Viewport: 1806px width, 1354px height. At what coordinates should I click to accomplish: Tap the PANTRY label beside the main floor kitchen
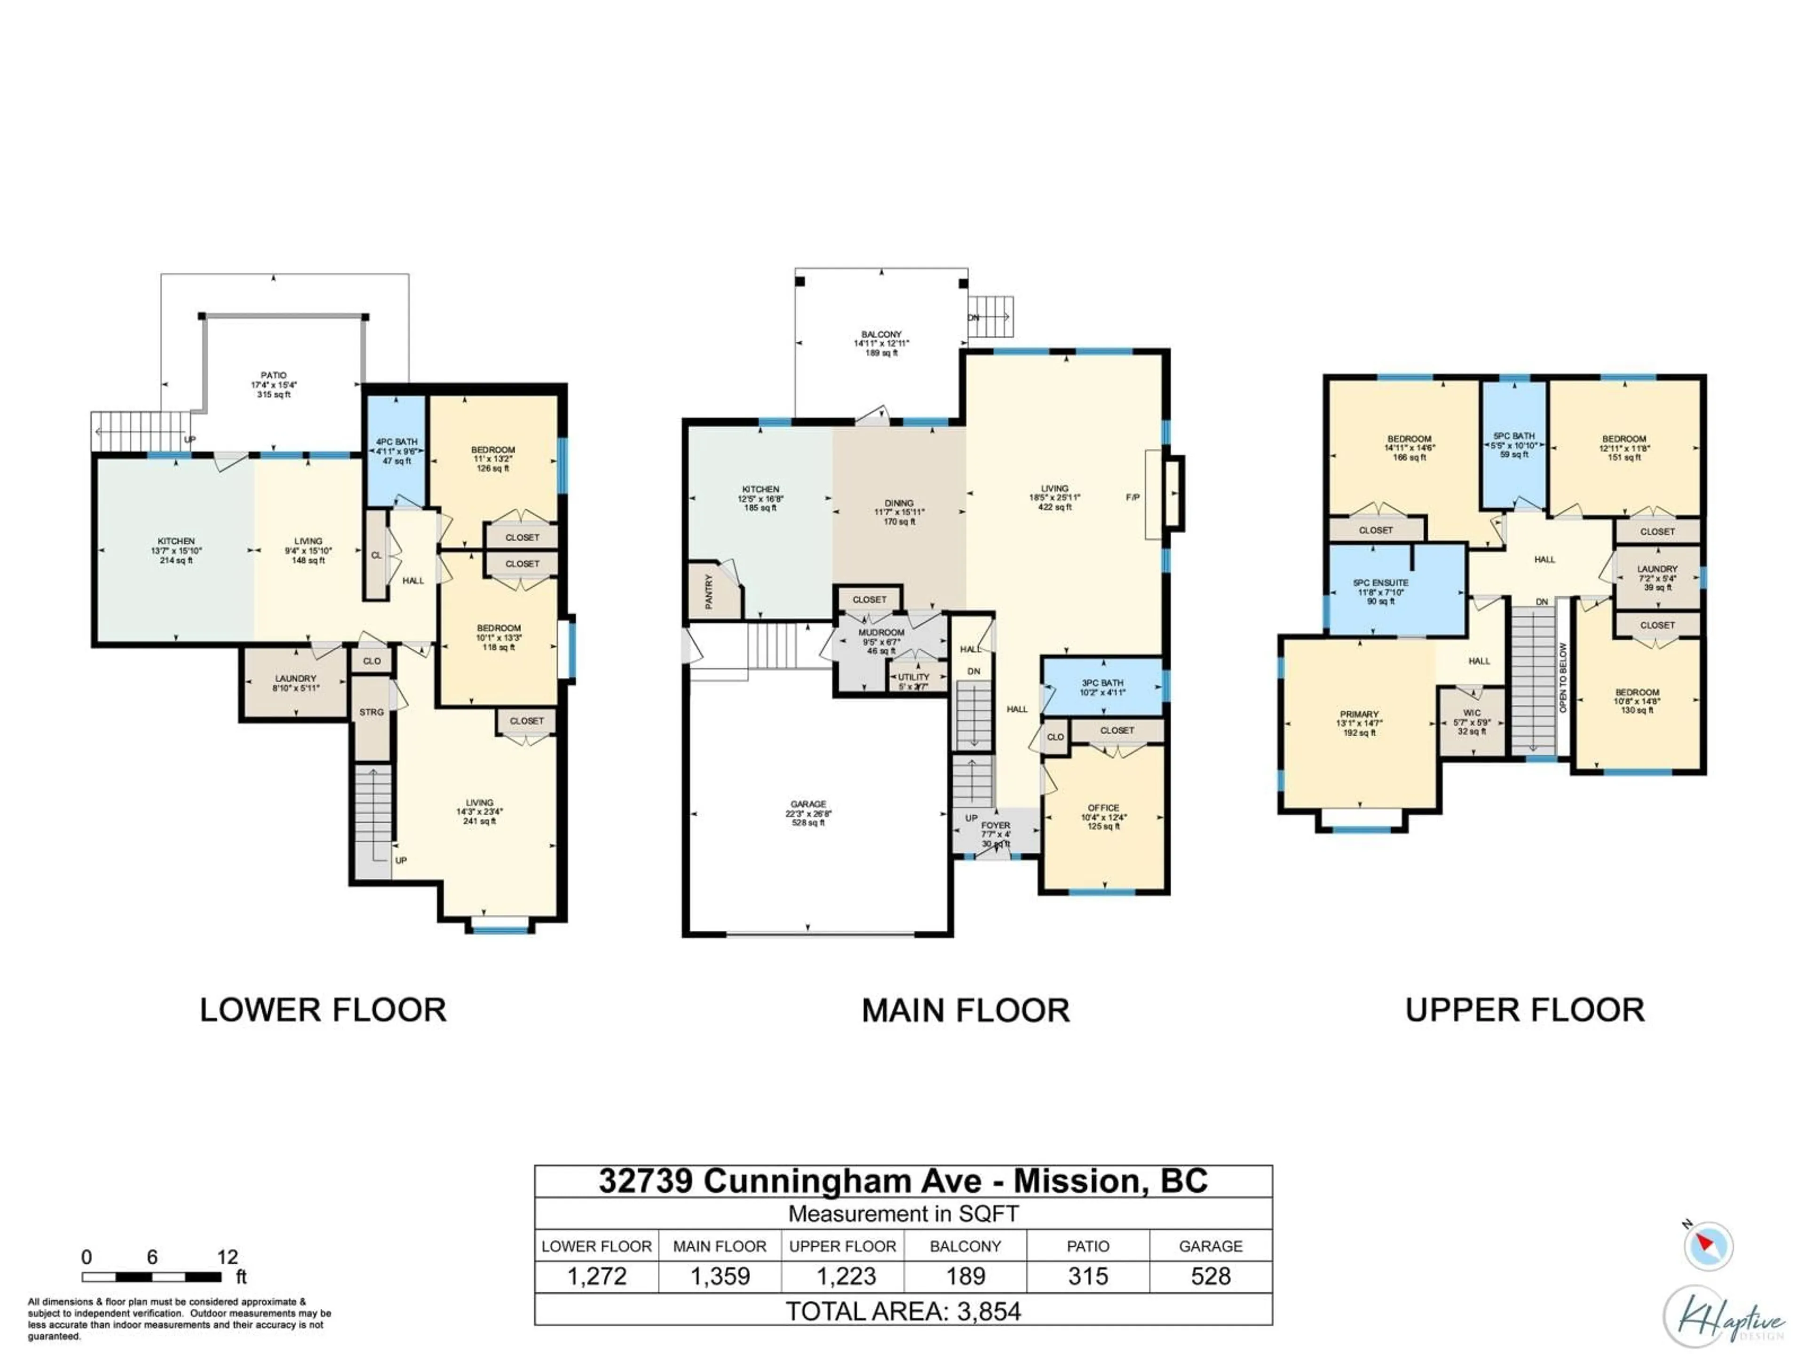709,592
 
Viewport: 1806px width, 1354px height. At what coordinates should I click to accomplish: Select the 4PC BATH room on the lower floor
396,450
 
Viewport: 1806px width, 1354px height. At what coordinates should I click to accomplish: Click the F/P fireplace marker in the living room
1133,497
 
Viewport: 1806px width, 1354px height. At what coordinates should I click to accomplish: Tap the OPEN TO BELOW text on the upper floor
1563,677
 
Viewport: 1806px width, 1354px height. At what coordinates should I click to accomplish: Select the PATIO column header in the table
1087,1246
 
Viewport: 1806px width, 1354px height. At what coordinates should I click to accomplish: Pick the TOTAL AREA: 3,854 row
903,1312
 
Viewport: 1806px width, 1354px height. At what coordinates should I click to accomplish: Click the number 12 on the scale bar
227,1257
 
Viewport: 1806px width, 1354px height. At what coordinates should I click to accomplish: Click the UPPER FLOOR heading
1524,1010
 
